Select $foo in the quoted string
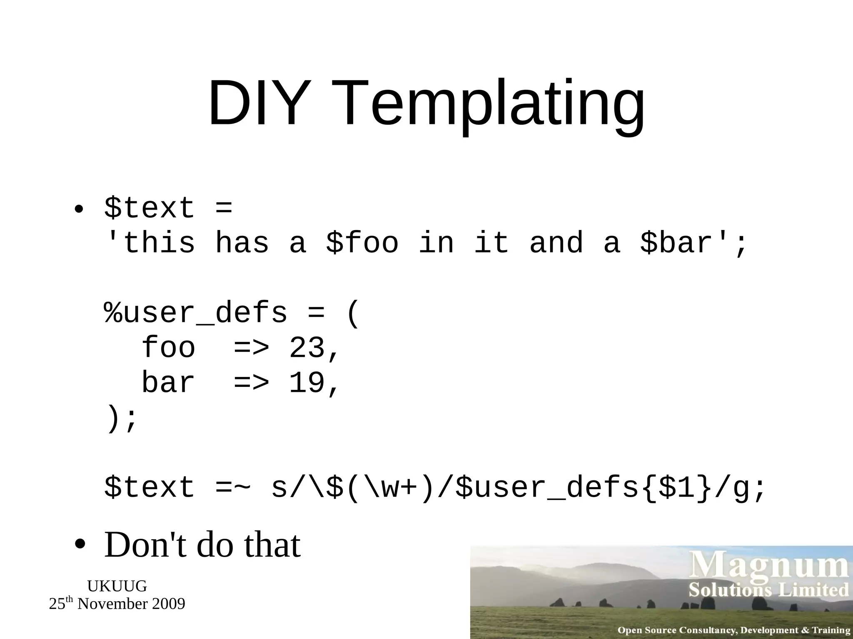pos(362,243)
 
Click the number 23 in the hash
pos(307,348)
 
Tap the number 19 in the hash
pos(307,383)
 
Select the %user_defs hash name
pos(196,313)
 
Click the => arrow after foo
pos(251,348)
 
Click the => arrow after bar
pos(251,383)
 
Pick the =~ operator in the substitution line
pos(233,488)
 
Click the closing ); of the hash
pos(122,419)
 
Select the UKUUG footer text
pos(117,586)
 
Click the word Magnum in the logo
pos(770,567)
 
